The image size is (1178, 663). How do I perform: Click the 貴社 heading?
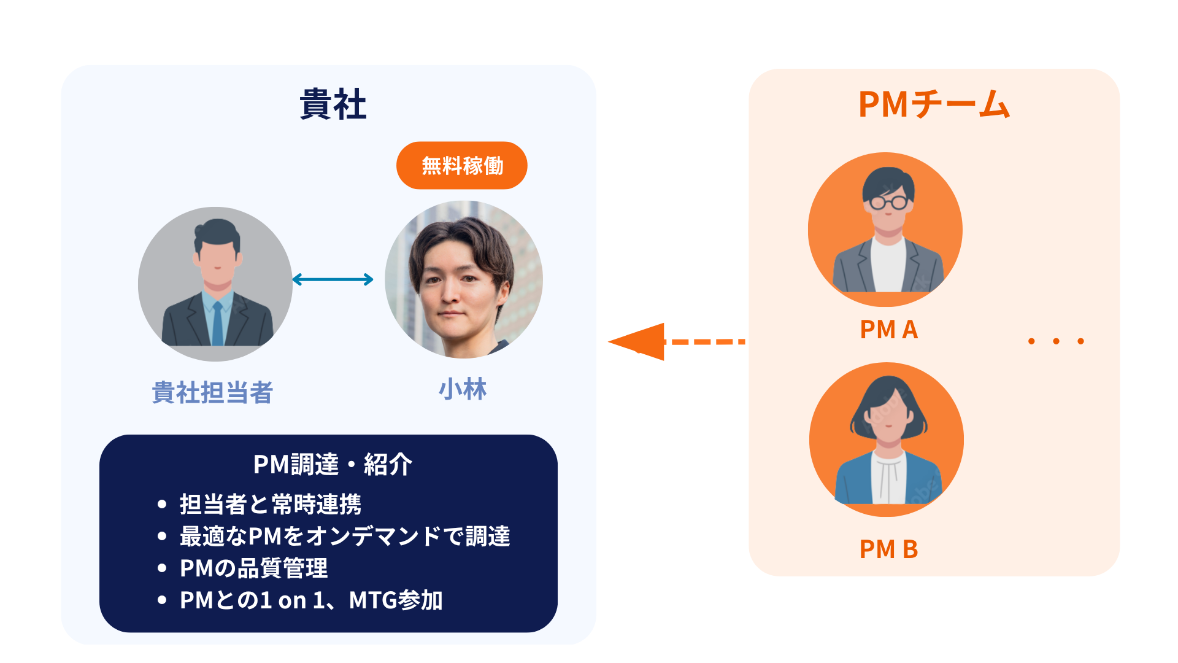[x=333, y=104]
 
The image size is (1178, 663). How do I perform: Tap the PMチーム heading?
[x=934, y=104]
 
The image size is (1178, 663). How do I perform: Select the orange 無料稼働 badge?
[x=461, y=166]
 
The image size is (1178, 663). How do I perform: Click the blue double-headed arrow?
[x=333, y=280]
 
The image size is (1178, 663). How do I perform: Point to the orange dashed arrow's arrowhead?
[x=638, y=341]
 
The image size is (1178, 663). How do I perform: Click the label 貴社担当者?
[x=212, y=392]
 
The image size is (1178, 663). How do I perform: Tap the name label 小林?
[x=463, y=389]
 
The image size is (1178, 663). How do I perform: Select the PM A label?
[x=888, y=330]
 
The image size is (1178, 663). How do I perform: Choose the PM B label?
[x=888, y=549]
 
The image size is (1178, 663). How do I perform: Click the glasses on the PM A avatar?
[x=889, y=202]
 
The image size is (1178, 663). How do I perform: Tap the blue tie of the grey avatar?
[x=217, y=322]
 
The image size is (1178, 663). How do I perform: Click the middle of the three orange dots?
[x=1056, y=341]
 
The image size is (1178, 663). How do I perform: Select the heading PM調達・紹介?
[x=333, y=464]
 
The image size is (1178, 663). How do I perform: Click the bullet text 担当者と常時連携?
[x=270, y=504]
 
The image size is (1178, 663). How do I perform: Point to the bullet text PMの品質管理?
[x=253, y=568]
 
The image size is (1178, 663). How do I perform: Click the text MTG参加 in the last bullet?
[x=396, y=600]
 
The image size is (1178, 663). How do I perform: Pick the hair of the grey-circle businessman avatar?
[x=216, y=233]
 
